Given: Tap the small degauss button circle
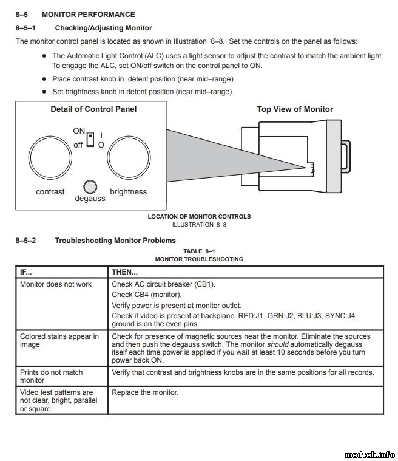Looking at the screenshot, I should [x=89, y=186].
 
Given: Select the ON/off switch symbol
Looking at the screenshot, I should [x=90, y=140].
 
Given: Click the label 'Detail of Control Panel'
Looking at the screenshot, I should [x=93, y=109].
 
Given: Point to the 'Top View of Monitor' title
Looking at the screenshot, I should [x=295, y=109].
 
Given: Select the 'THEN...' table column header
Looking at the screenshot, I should [x=125, y=272].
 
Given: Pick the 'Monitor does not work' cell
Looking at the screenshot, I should [x=56, y=284].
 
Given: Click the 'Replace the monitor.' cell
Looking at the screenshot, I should [x=146, y=392].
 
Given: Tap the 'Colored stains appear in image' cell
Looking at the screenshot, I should [x=59, y=340].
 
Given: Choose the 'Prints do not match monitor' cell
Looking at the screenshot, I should [x=52, y=376].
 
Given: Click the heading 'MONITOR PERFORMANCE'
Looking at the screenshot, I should [x=88, y=15].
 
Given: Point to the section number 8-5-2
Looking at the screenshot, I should [x=25, y=241].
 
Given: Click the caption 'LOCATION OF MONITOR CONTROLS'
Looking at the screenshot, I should [x=199, y=217].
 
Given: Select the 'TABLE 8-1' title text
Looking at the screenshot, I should [x=199, y=251].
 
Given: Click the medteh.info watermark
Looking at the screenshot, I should [x=369, y=454].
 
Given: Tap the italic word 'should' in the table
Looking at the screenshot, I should [x=277, y=344].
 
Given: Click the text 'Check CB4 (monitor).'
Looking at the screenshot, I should [x=147, y=295].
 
